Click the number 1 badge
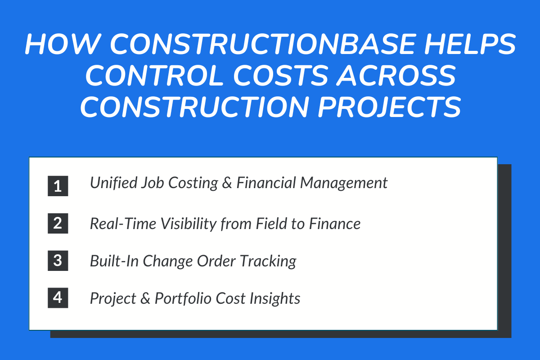point(58,186)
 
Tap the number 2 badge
point(58,224)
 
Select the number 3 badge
point(58,261)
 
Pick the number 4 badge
point(58,298)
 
